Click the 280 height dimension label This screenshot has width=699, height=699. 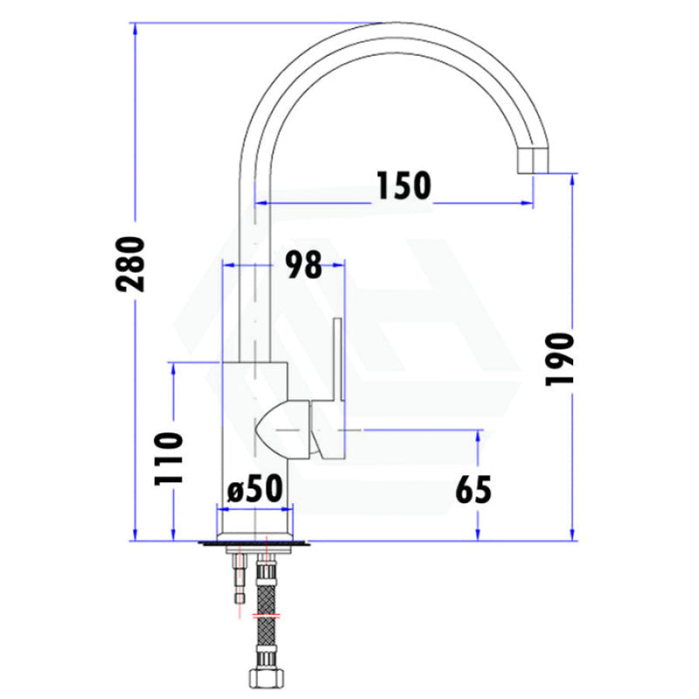(x=131, y=265)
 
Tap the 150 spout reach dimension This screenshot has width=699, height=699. (x=404, y=185)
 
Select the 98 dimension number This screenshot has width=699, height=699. (x=303, y=265)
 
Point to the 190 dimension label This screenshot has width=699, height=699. (x=559, y=359)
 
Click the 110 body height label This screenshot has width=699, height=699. (x=168, y=459)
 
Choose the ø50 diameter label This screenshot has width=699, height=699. (x=255, y=488)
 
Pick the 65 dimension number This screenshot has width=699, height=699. (x=474, y=489)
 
